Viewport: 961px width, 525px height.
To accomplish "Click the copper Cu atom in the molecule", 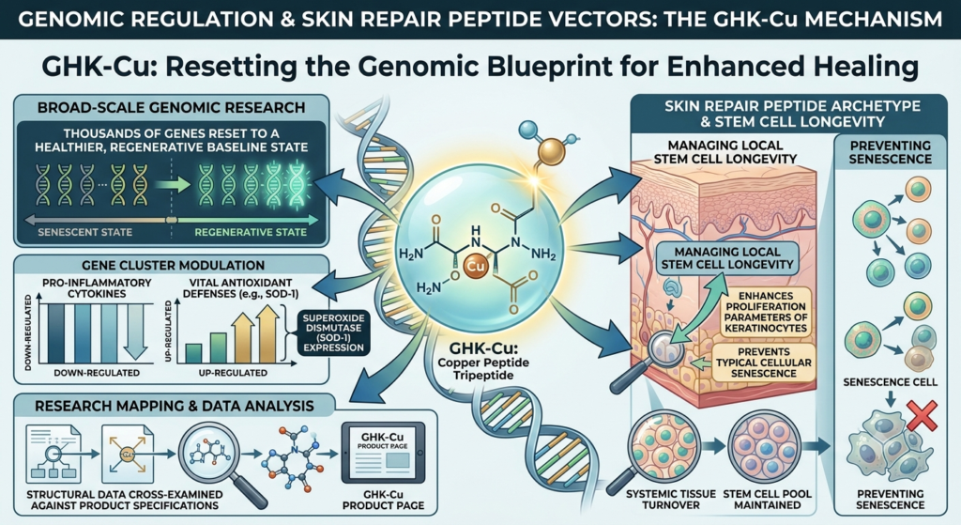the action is pos(475,266).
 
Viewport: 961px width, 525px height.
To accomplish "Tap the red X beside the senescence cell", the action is pos(923,416).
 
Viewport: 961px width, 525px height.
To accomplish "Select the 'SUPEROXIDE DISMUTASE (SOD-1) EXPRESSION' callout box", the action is pos(333,332).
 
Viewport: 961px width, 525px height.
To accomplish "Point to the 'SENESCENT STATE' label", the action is pos(84,233).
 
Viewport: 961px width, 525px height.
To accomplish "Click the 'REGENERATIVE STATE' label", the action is pos(251,233).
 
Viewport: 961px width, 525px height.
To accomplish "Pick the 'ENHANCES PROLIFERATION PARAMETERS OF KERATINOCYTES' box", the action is pos(766,312).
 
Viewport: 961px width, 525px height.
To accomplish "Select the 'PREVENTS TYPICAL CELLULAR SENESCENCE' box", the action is pos(764,363).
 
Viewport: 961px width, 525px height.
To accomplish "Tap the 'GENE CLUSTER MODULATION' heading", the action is pos(173,266).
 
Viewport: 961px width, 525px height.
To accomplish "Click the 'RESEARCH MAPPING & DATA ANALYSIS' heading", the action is pos(174,406).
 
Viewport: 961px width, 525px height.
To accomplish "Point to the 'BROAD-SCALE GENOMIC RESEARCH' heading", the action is pos(171,107).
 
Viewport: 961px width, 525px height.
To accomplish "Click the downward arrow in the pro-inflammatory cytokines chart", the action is pos(135,332).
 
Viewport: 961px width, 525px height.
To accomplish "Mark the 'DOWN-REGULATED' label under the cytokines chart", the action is pos(97,373).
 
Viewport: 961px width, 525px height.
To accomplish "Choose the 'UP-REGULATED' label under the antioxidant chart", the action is pos(233,373).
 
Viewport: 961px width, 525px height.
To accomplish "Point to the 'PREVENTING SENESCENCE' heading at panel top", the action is pos(891,152).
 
